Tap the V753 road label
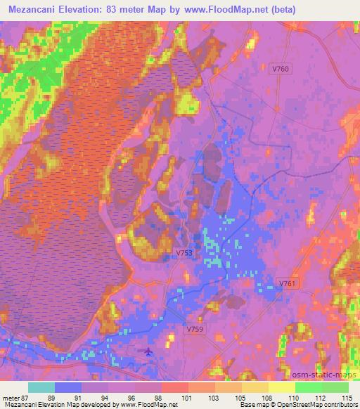point(184,252)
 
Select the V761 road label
point(288,283)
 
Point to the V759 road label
point(196,328)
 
